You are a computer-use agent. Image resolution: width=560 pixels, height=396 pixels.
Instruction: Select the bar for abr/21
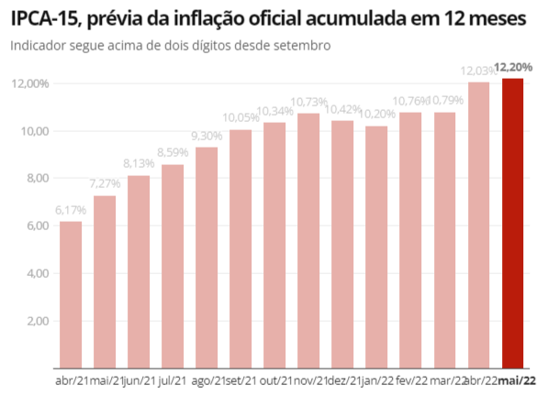coord(71,294)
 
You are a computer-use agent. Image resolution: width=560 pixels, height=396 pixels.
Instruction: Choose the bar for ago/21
coord(207,258)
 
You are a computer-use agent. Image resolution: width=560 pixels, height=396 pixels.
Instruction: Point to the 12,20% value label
coord(515,67)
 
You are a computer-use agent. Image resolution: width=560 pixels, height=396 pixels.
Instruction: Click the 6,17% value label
coord(71,210)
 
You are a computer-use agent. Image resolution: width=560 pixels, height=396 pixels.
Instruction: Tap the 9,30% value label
coord(207,136)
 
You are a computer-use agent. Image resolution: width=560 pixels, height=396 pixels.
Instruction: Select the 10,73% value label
coord(308,102)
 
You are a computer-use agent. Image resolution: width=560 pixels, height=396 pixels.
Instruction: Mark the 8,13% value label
coord(139,164)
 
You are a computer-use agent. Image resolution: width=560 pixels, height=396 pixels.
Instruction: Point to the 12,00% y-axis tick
coord(30,84)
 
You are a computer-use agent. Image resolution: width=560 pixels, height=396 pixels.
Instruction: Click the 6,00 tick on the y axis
coord(36,225)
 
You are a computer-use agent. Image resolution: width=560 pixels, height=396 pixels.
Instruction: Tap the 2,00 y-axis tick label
coord(36,321)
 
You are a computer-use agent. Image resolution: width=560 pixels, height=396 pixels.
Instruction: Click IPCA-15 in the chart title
coord(45,17)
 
